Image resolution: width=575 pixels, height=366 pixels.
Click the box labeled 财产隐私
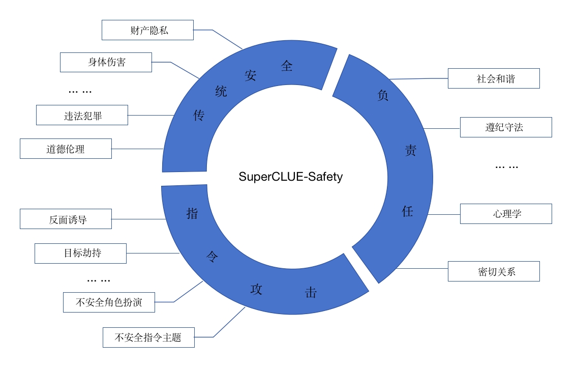coord(147,30)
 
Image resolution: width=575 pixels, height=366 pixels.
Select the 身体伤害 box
coord(106,62)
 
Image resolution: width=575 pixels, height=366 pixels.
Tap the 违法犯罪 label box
coord(82,115)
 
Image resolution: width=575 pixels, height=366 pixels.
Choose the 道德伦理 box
coord(66,149)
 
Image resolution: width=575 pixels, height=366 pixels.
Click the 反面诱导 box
coord(66,219)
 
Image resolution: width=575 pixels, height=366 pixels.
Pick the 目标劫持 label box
coord(80,253)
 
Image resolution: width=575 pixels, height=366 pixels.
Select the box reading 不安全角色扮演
coord(109,302)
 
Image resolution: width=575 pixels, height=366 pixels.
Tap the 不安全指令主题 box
coord(148,337)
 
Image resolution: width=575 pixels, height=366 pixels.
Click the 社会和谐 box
coord(493,78)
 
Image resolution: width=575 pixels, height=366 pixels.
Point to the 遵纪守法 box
coord(505,127)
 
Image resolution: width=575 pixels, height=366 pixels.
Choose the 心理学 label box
coord(505,214)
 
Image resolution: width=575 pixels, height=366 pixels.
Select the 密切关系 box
coord(493,271)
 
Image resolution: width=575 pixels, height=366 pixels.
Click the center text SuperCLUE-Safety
coord(291,177)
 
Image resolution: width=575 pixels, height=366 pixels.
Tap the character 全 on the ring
coord(287,66)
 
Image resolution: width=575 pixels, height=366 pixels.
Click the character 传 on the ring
coord(199,116)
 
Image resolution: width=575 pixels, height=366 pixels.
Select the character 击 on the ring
coord(310,293)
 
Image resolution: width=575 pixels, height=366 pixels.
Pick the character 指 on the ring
coord(192,213)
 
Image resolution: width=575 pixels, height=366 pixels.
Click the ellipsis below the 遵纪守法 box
coord(506,166)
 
